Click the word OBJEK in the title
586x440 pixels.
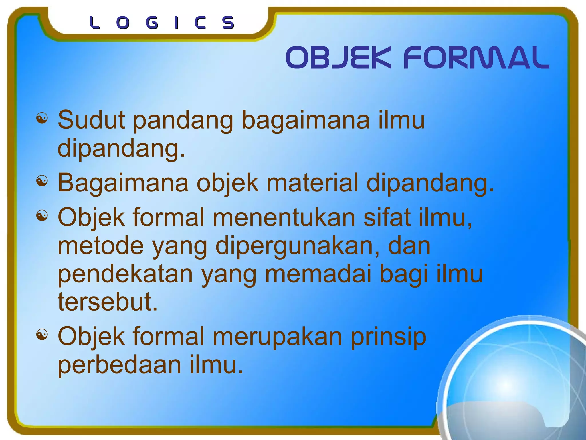tap(338, 58)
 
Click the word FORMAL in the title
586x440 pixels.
tap(476, 58)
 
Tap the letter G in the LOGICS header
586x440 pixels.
tap(152, 23)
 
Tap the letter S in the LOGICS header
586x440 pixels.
tap(228, 23)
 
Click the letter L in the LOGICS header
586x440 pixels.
tap(94, 23)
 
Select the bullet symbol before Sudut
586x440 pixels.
tap(42, 118)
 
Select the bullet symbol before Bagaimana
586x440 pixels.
tap(42, 181)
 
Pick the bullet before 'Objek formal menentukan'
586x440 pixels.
tap(42, 216)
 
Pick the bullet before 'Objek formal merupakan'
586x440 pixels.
tap(42, 335)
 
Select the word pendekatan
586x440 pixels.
tap(125, 274)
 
